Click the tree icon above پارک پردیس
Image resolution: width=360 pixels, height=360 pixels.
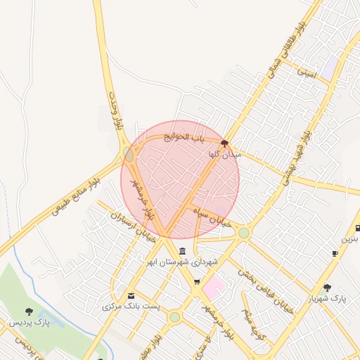coord(29,311)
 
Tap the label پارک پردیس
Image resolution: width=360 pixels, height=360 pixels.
coord(31,323)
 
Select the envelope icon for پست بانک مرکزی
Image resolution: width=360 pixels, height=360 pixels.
coord(131,295)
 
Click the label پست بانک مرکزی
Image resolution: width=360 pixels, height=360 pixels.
coord(131,307)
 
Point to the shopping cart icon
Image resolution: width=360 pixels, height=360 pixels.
coord(197,283)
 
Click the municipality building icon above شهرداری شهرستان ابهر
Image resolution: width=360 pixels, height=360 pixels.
coord(182,251)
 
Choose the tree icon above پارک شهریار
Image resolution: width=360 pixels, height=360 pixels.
coord(327,288)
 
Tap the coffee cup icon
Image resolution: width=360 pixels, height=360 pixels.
coord(335,253)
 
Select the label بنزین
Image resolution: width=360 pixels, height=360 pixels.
coord(350,239)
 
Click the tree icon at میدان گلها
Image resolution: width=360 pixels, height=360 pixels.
coord(224,143)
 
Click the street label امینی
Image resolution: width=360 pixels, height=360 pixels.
coord(307,72)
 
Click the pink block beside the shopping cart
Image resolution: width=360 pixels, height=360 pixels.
coord(214,285)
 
